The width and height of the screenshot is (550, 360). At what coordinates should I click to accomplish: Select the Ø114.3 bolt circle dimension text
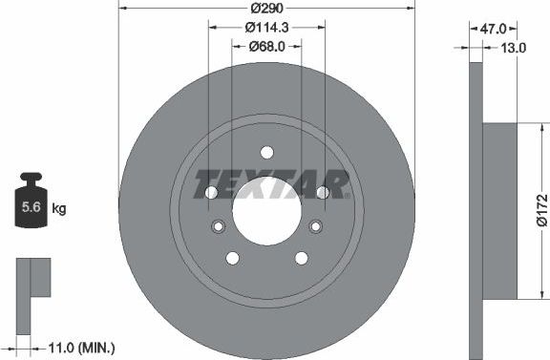click(x=266, y=28)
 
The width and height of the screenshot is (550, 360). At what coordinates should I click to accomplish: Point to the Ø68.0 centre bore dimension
click(x=266, y=46)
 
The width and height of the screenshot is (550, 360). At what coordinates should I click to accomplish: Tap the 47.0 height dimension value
click(x=493, y=29)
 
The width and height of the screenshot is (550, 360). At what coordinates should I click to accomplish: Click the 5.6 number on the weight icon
click(x=31, y=207)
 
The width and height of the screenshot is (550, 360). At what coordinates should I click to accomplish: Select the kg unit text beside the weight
click(x=59, y=207)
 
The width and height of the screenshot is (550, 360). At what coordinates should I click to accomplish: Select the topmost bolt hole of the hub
click(x=266, y=152)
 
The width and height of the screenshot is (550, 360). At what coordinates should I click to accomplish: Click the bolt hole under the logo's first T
click(x=212, y=191)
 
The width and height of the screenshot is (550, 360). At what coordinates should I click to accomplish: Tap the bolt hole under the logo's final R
click(x=322, y=191)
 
